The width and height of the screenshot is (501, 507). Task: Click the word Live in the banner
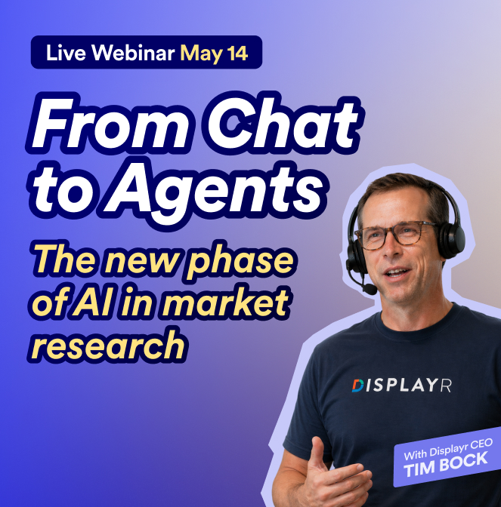coord(63,54)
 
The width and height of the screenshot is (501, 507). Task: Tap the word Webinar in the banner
coord(129,54)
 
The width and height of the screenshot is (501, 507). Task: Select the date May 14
coord(214,54)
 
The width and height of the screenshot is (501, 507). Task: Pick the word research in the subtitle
coord(110,345)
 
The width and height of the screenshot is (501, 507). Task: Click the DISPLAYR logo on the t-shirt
coord(411,386)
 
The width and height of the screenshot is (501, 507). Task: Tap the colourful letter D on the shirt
coord(357,386)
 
